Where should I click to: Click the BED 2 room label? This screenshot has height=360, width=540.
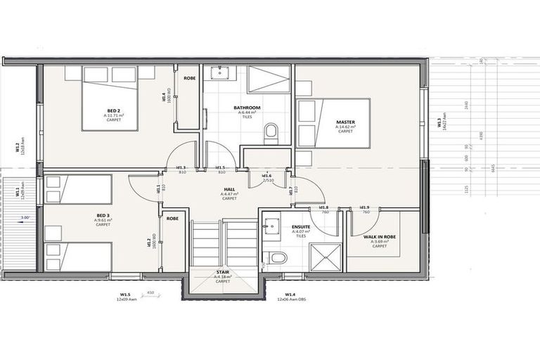[113, 111]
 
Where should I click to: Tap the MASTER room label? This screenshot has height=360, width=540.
[345, 122]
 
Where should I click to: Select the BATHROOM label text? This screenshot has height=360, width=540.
[247, 108]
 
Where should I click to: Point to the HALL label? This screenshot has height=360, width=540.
[230, 189]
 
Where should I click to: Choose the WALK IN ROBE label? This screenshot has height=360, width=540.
[380, 237]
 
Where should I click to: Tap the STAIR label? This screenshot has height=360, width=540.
[223, 271]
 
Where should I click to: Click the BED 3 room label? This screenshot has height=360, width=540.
[103, 216]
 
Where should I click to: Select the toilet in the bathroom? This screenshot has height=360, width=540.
[271, 132]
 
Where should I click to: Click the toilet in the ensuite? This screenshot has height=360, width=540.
[278, 258]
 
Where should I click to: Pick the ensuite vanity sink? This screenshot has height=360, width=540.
[271, 226]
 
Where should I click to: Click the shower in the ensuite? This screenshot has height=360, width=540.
[325, 256]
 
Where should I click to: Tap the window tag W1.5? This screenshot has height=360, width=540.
[124, 295]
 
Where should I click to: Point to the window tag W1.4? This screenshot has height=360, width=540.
[289, 295]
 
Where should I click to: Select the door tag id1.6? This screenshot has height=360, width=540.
[266, 176]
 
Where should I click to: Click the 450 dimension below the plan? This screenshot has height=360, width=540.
[150, 292]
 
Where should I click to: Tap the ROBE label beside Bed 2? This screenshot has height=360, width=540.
[190, 78]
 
